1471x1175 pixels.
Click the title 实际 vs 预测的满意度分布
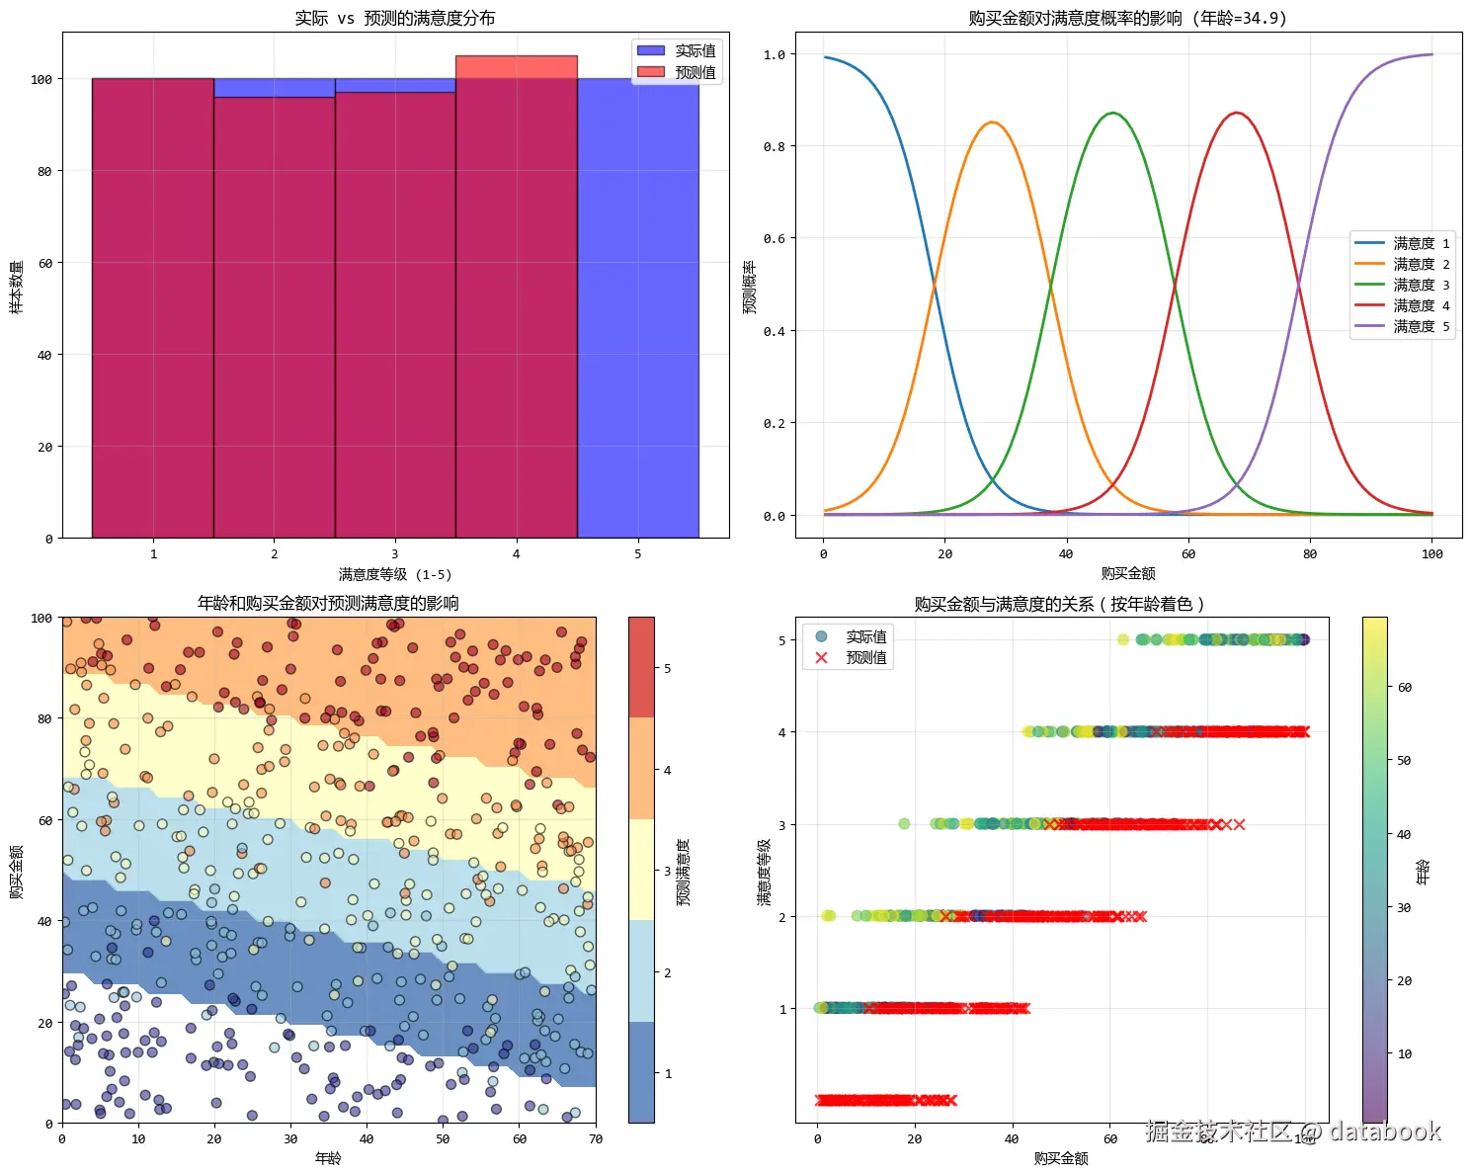[x=395, y=18]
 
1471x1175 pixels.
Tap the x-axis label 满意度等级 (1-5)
[x=395, y=574]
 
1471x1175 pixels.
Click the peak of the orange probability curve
[x=992, y=124]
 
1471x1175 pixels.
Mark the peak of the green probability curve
[x=1113, y=114]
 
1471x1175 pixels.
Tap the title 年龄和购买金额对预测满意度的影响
[x=328, y=603]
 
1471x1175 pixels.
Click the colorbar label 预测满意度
[x=683, y=872]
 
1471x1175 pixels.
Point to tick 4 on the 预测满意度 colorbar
[x=668, y=770]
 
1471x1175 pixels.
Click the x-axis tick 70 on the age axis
[x=595, y=1138]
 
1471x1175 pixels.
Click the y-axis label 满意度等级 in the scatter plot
[x=764, y=872]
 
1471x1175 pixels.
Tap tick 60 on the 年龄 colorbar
[x=1404, y=687]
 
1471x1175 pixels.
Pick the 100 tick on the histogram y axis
[x=41, y=79]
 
